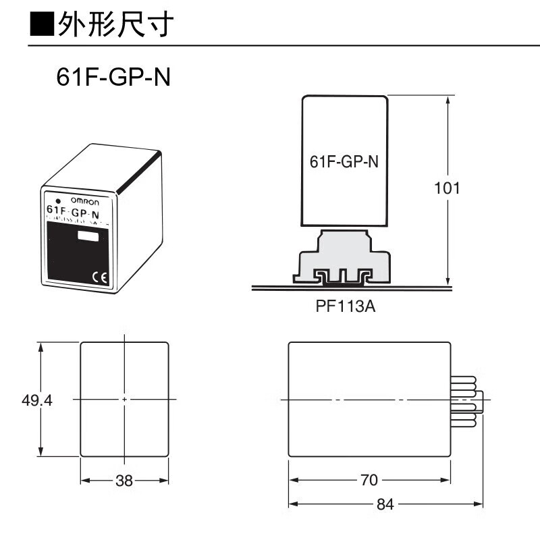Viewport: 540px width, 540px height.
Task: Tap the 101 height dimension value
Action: (446, 188)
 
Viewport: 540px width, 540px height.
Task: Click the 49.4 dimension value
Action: (37, 400)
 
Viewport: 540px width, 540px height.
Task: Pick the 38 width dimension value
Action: (124, 481)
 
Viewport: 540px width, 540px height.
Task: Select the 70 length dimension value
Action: (368, 481)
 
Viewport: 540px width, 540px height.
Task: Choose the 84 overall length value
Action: (385, 504)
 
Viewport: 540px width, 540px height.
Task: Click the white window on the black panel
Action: (87, 236)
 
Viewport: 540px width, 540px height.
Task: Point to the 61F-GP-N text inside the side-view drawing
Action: (344, 162)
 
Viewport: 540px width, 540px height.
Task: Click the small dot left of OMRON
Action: (59, 200)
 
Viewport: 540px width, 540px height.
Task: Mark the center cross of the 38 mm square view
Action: (125, 400)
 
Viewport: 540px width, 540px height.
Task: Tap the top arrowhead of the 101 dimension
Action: (448, 100)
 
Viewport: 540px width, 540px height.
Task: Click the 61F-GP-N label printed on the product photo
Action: (73, 212)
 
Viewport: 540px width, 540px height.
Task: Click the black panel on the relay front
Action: (74, 253)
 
